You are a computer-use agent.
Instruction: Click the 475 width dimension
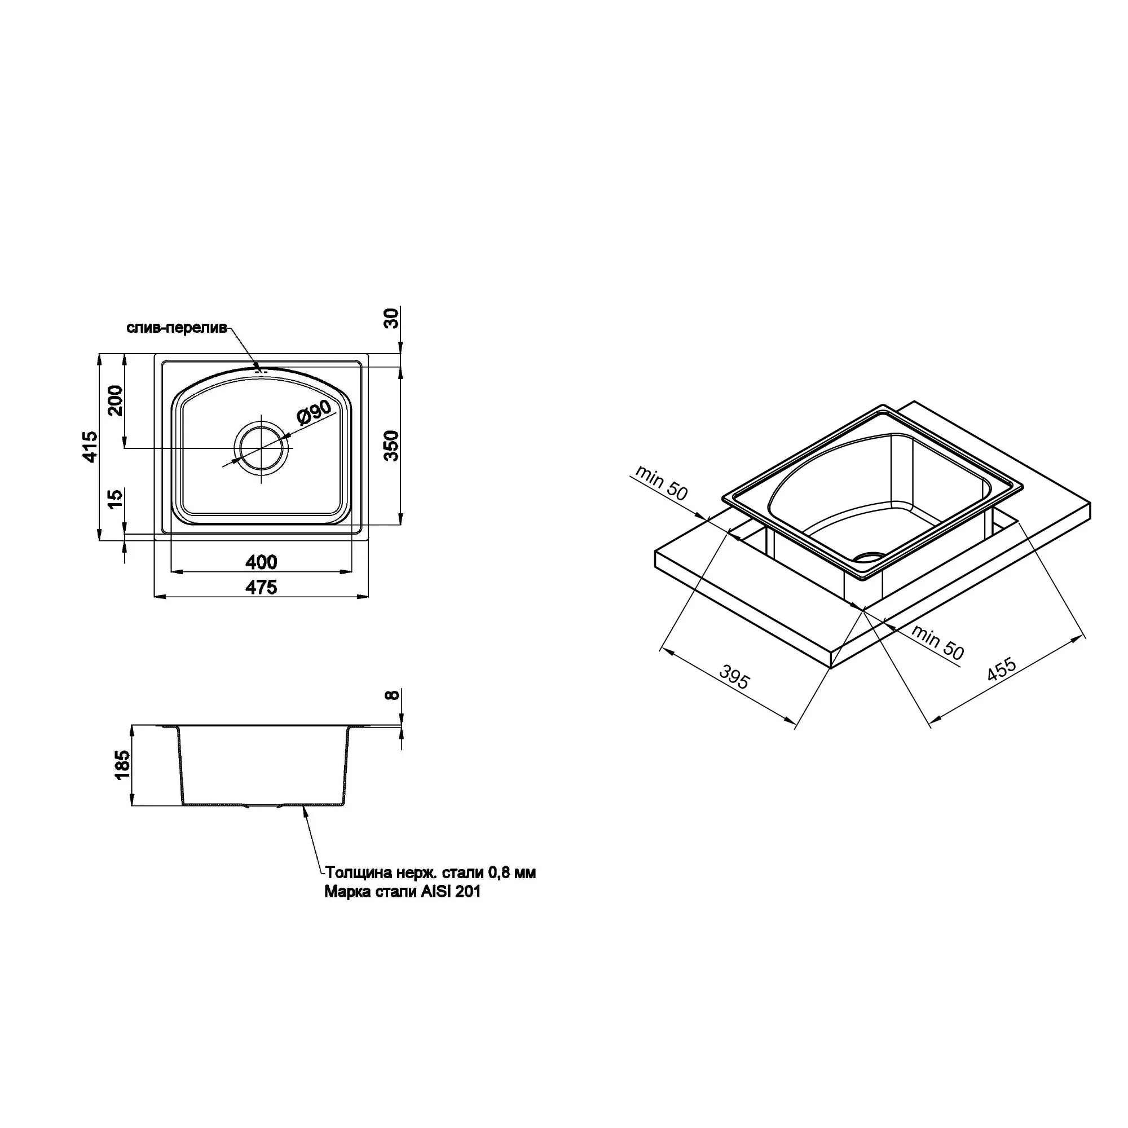click(261, 587)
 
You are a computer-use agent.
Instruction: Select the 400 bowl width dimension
click(261, 562)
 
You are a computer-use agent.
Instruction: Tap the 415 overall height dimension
click(90, 447)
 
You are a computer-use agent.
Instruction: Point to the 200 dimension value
click(116, 400)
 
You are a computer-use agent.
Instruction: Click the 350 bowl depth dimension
click(392, 446)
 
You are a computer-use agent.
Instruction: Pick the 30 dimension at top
click(393, 318)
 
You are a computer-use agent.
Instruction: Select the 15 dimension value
click(116, 498)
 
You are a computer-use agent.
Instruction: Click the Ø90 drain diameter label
click(314, 412)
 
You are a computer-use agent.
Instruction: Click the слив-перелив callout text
click(177, 328)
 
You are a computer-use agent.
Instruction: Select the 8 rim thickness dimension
click(393, 695)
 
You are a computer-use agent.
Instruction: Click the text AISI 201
click(451, 909)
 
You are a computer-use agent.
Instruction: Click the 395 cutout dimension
click(734, 677)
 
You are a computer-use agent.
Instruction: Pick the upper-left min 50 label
click(662, 482)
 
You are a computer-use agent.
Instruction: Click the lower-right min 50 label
click(937, 643)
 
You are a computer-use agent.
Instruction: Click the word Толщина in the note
click(355, 889)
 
